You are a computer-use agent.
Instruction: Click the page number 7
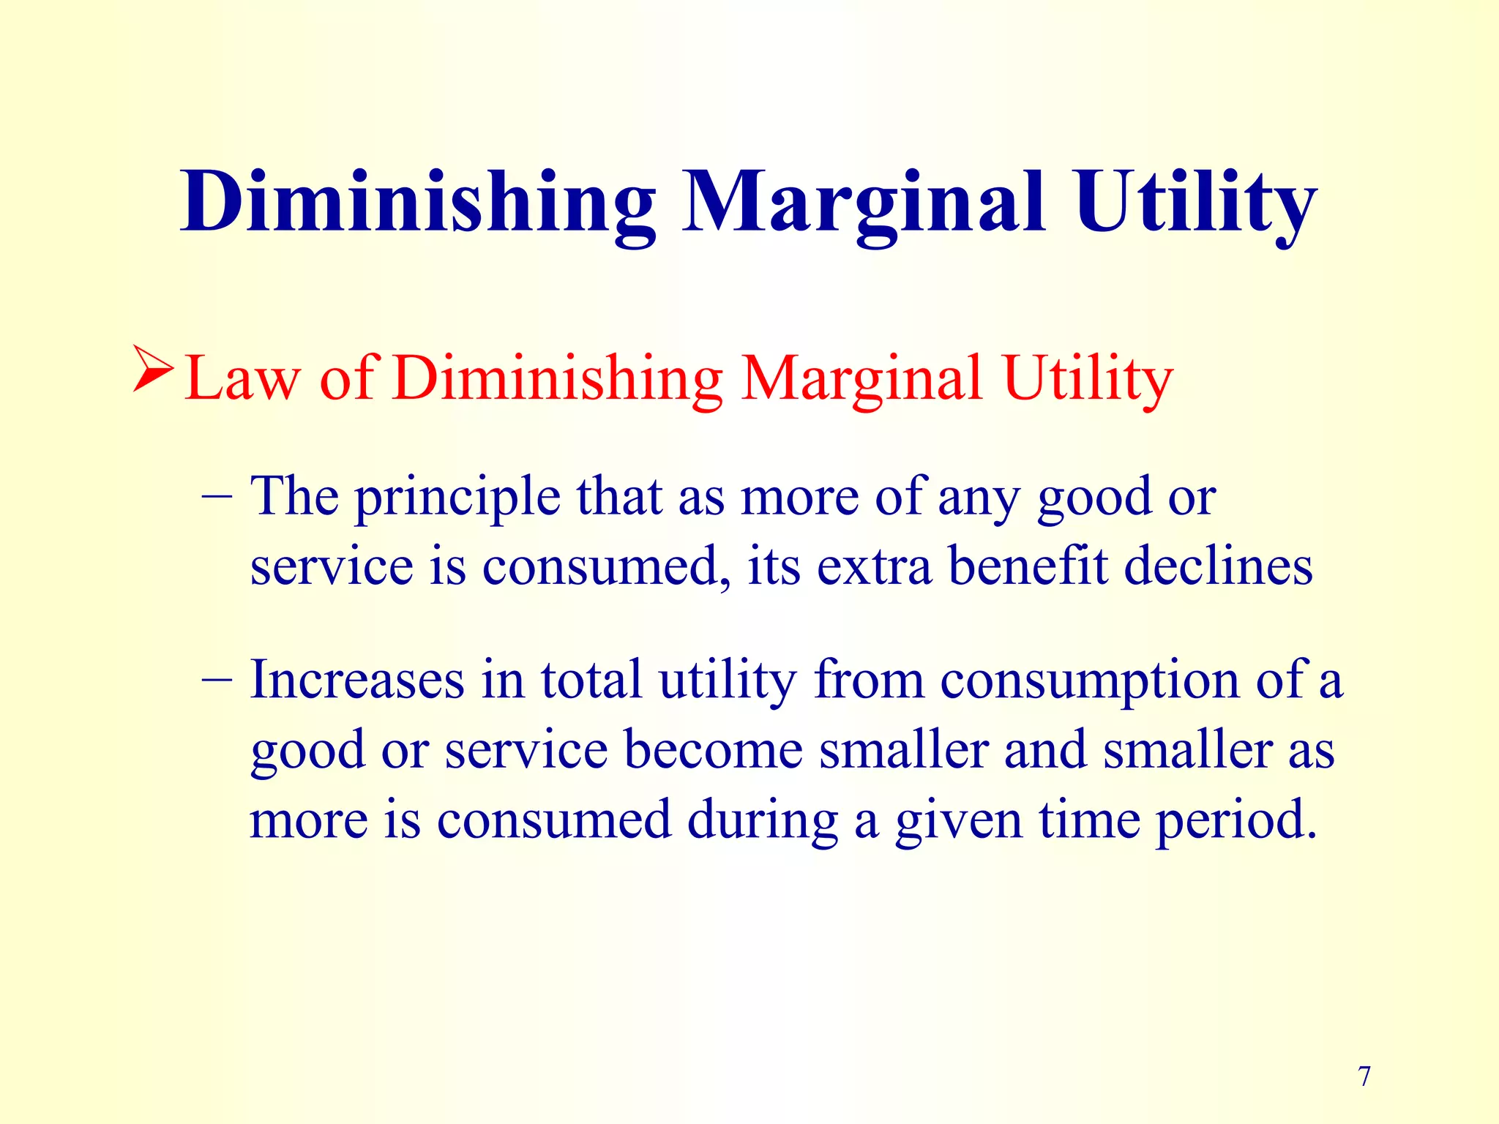coord(1364,1076)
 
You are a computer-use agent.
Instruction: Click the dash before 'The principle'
coord(217,496)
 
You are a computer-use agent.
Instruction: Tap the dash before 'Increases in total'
coord(217,680)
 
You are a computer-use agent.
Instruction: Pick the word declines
coord(1218,567)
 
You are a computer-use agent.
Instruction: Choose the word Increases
coord(357,680)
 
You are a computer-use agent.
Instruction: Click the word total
coord(591,680)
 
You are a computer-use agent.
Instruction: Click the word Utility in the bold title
coord(1196,202)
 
